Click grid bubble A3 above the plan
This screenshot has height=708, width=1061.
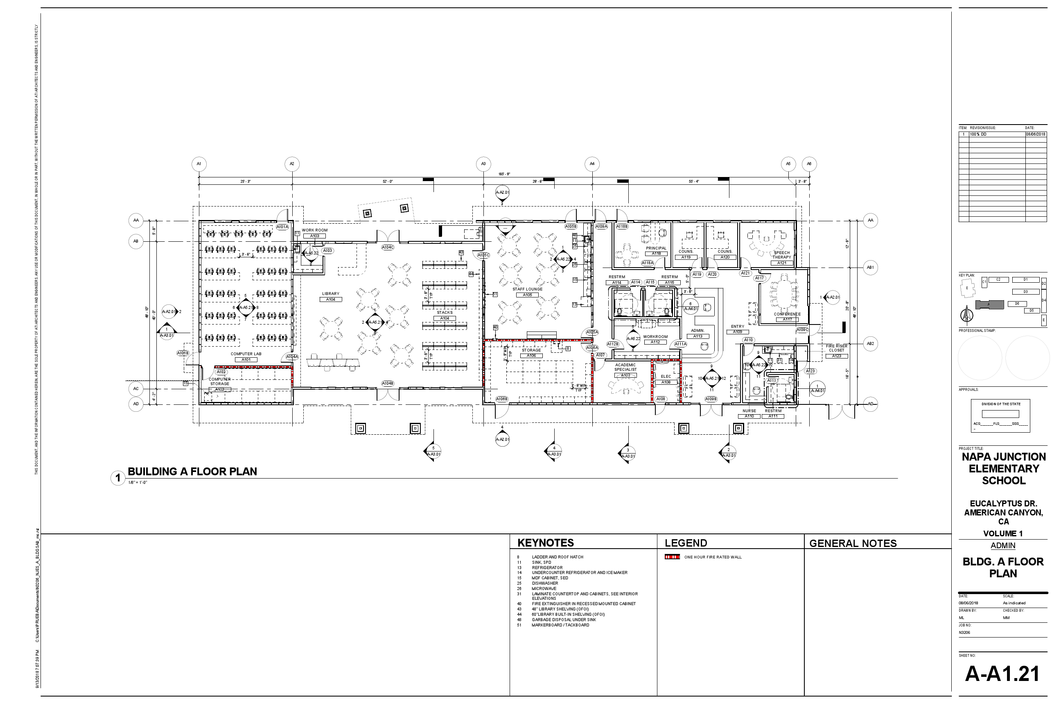point(483,163)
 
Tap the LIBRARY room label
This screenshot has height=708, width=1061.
point(331,293)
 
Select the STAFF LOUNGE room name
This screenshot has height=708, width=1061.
point(527,289)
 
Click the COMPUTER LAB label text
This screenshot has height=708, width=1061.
point(246,354)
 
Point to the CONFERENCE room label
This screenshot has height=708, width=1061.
point(787,314)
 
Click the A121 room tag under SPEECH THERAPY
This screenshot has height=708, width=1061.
point(782,263)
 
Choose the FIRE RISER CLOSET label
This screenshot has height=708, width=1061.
point(836,348)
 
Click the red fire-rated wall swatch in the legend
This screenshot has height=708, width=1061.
point(672,557)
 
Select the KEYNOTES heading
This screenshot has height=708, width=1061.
point(545,543)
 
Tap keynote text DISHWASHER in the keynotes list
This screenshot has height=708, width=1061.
point(545,583)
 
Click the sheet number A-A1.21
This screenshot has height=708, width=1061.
point(1002,674)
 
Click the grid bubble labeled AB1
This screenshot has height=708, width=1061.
point(870,267)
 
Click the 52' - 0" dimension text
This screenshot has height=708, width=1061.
point(388,182)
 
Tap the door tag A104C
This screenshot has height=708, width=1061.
point(388,247)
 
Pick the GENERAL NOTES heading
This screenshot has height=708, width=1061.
point(853,543)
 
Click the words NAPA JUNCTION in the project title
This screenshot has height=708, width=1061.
point(1003,457)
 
